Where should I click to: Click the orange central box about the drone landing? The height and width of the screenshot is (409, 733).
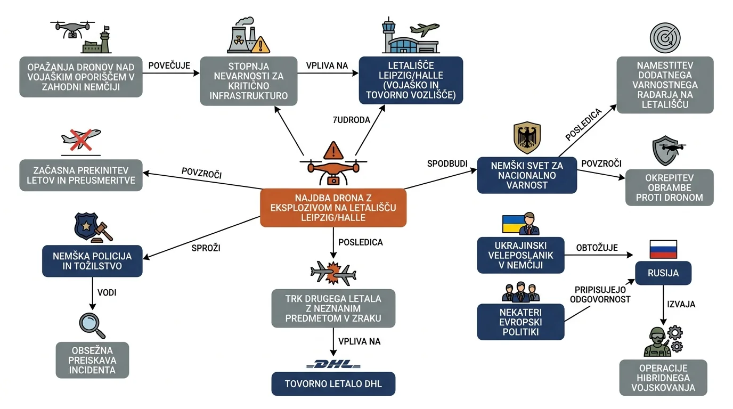pos(333,208)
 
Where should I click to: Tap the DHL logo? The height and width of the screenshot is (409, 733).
pos(333,364)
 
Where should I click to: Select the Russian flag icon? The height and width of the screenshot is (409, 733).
pos(663,249)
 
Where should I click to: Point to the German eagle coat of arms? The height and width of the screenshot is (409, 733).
pos(527,138)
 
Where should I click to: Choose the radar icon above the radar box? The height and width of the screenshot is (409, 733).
pos(665,38)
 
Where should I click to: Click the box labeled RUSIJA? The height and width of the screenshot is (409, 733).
pos(663,273)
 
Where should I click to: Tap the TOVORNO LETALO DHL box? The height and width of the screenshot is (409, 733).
pos(333,384)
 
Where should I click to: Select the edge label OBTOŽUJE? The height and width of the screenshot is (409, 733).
pos(597,248)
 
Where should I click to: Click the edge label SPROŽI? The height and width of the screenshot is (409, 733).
pos(206,248)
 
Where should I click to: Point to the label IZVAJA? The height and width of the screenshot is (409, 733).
pos(681,304)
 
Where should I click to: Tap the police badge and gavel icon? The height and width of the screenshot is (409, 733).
pos(93,228)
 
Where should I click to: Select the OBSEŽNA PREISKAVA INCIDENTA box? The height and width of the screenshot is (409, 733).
pos(92,360)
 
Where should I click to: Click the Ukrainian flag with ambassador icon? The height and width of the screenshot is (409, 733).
pos(520,224)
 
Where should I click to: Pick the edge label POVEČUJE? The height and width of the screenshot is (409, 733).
pos(169,66)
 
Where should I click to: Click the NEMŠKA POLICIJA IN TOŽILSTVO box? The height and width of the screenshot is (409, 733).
pos(92,261)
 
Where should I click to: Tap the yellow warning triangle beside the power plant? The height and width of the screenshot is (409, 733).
pos(260,45)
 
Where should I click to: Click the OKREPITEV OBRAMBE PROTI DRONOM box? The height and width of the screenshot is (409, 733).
pos(669,187)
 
